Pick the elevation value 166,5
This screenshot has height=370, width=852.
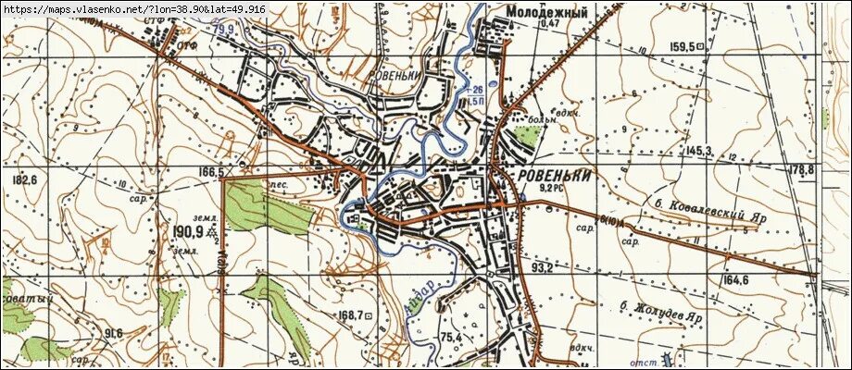[211, 172]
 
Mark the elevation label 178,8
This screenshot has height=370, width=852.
[802, 170]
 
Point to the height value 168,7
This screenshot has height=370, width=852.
[351, 315]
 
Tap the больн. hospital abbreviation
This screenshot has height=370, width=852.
[543, 119]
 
